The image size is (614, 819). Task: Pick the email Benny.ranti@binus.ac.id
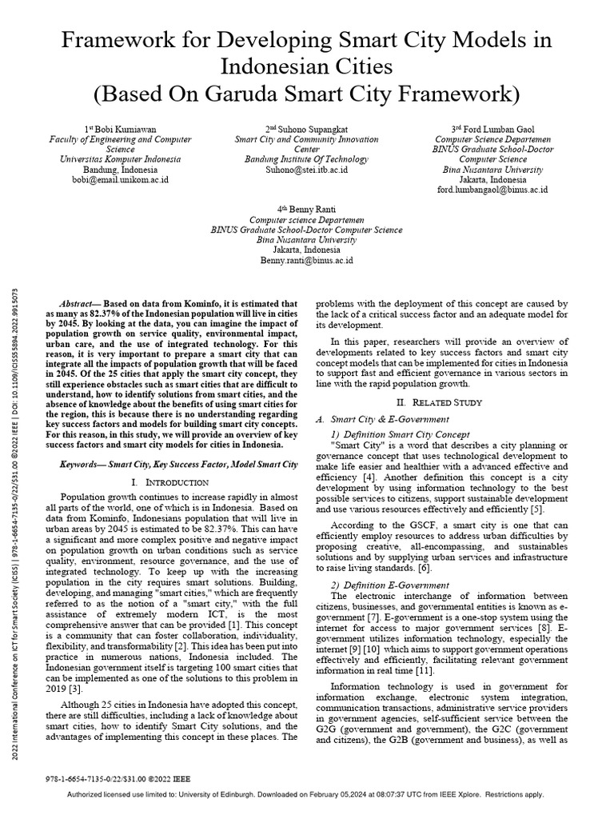click(306, 261)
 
